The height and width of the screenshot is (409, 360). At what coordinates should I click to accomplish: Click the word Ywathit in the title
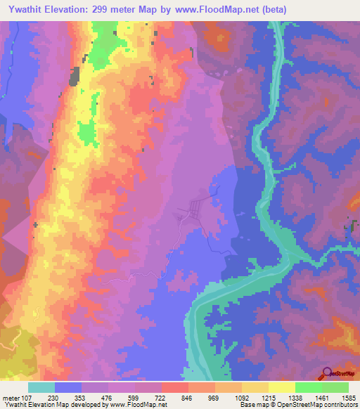tap(32, 10)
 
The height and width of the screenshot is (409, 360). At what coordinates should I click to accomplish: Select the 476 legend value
tap(108, 397)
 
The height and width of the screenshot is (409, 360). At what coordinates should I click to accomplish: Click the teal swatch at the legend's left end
tap(41, 387)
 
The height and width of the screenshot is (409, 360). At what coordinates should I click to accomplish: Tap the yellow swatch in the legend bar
tap(281, 387)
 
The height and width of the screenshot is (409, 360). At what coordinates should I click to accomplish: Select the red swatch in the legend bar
tap(174, 387)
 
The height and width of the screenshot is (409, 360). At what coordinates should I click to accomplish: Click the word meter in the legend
tap(11, 397)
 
